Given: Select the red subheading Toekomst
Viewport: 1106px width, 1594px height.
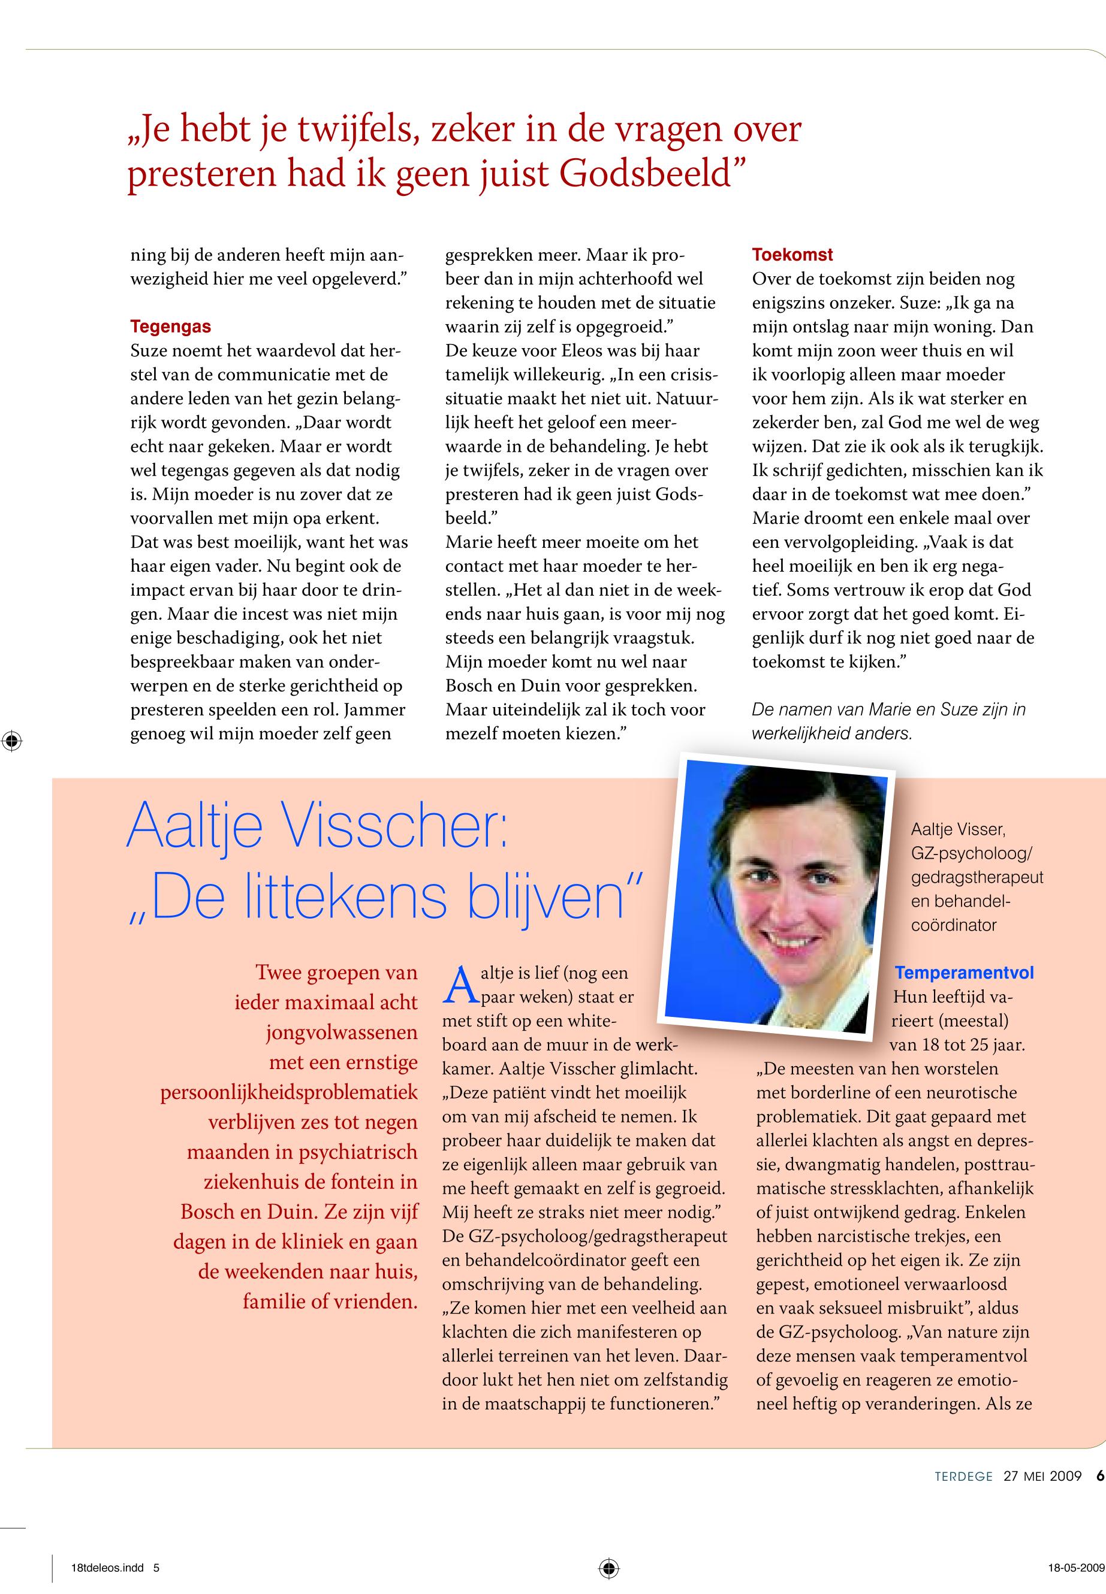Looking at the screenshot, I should point(792,255).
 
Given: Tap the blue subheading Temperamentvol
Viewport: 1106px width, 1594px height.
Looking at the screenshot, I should point(964,973).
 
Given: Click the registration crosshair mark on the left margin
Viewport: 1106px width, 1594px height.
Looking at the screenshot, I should point(12,741).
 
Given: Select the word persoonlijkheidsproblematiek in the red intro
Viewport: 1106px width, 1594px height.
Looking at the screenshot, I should point(289,1093).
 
